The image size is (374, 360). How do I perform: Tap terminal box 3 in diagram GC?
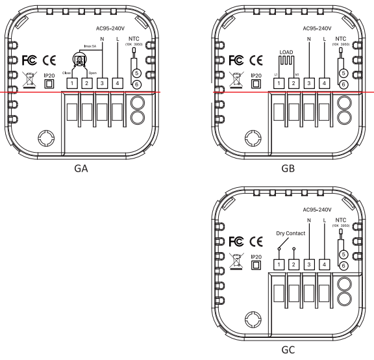coord(310,264)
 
